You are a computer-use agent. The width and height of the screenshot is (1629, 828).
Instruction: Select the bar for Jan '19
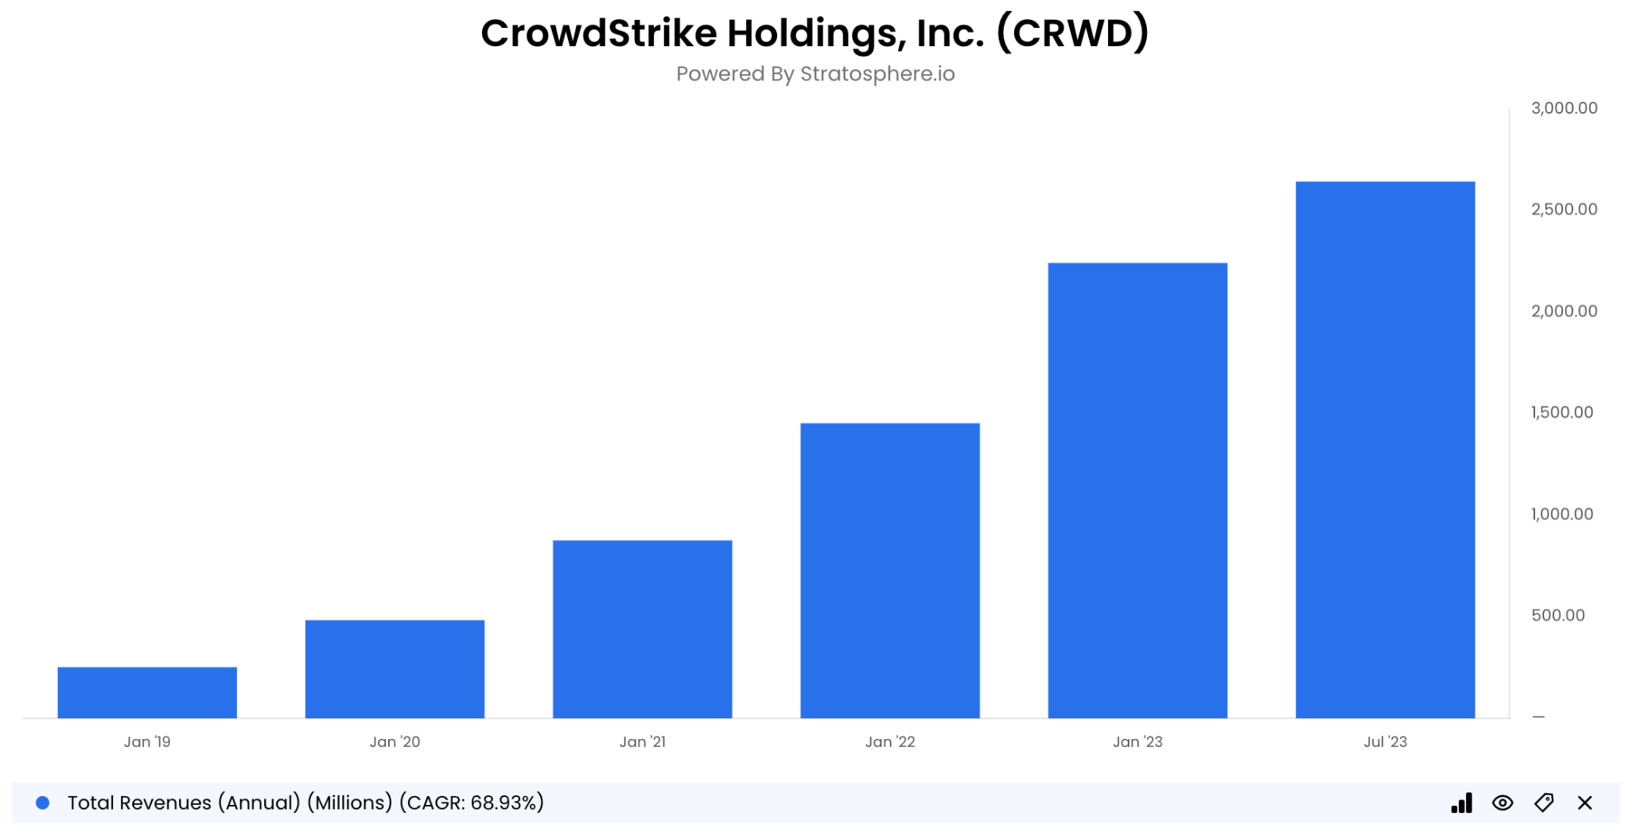tap(147, 692)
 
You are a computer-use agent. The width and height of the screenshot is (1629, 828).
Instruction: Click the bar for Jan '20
tap(395, 669)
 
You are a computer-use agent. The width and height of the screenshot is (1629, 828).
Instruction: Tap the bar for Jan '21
tap(642, 629)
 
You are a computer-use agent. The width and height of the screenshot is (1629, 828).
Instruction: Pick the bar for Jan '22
tap(889, 570)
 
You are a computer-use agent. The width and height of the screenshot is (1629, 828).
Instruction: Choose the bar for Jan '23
tap(1137, 490)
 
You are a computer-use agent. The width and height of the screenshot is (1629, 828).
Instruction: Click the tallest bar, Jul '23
tap(1385, 449)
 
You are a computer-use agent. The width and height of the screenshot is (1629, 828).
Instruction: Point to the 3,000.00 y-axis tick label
tap(1564, 108)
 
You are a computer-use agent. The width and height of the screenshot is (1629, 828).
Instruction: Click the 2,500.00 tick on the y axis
tap(1564, 209)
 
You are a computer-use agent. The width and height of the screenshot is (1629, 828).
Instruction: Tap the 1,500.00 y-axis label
tap(1561, 412)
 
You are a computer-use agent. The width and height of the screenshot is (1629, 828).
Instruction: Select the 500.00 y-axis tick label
tap(1557, 615)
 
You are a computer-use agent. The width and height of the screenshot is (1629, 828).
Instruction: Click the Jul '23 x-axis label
tap(1385, 741)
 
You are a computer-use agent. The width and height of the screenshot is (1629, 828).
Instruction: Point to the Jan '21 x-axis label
tap(642, 741)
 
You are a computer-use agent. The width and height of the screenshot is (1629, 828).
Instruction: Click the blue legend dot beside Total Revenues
tap(43, 803)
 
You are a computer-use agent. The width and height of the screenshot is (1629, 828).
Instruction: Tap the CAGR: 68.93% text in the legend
tap(472, 803)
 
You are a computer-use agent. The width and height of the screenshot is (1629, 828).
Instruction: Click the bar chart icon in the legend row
tap(1461, 803)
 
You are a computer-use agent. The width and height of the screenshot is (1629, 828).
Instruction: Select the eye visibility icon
tap(1503, 803)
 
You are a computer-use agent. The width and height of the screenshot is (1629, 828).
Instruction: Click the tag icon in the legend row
tap(1544, 803)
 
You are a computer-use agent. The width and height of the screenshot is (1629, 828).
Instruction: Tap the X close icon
tap(1584, 803)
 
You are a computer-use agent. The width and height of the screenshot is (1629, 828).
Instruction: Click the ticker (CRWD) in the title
tap(1072, 33)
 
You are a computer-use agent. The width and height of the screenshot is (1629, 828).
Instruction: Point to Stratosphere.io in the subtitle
tap(877, 74)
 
